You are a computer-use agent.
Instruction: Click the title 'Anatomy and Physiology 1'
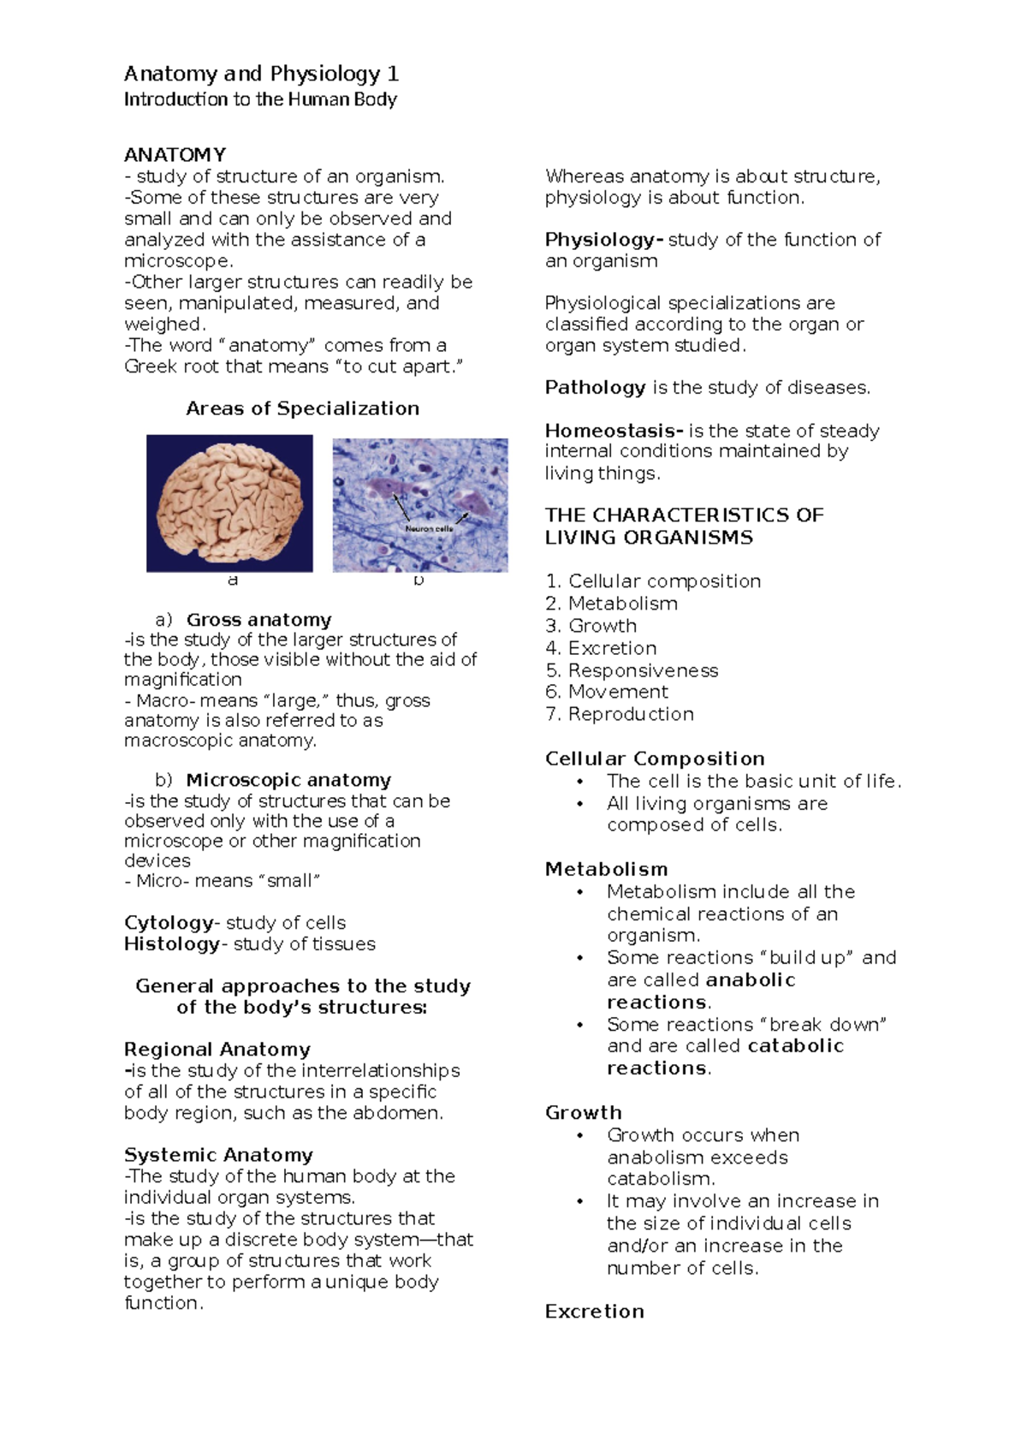(261, 74)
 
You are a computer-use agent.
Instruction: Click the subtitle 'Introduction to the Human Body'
(260, 99)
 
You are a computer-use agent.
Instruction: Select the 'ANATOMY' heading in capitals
(175, 155)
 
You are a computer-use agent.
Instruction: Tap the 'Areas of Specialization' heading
(302, 408)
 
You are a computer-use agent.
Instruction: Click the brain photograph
(229, 503)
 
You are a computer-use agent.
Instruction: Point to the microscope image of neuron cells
(419, 504)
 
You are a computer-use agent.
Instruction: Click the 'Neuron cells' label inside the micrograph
(429, 529)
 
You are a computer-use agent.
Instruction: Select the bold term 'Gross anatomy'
(258, 620)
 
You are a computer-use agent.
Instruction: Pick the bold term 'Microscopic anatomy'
(288, 780)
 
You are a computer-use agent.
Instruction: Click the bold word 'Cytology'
(169, 923)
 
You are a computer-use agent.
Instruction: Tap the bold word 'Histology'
(172, 944)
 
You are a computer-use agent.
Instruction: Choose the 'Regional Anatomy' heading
(217, 1050)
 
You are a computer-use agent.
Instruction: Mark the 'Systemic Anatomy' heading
(218, 1155)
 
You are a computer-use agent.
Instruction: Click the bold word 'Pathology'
(595, 388)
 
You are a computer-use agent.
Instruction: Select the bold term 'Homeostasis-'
(614, 431)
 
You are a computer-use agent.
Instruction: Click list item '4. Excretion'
(601, 648)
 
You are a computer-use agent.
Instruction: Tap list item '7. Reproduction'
(619, 714)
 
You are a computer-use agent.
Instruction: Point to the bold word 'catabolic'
(795, 1046)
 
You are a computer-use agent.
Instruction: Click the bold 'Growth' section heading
(583, 1113)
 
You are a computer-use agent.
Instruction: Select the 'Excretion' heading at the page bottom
(594, 1312)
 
